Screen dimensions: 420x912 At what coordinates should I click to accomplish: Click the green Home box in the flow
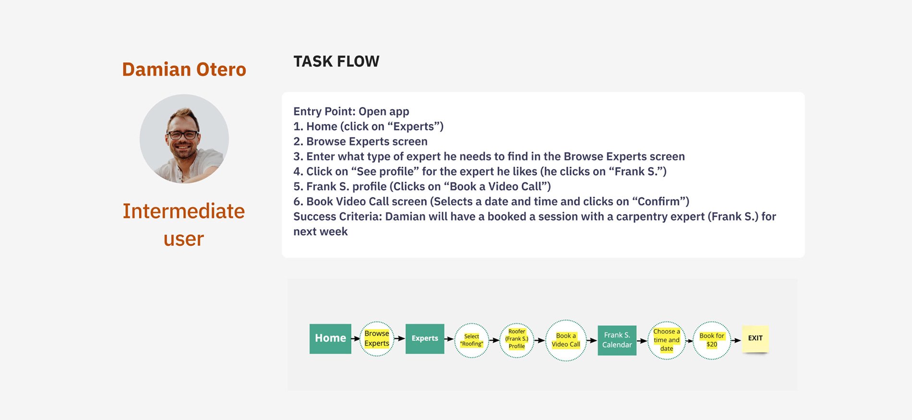click(330, 338)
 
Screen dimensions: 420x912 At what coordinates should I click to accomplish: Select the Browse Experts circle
click(377, 338)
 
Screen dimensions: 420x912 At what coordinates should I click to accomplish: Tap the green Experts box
click(425, 338)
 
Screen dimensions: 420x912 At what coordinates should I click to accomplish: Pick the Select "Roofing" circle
click(471, 340)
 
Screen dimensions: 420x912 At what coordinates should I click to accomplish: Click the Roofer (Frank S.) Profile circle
click(516, 339)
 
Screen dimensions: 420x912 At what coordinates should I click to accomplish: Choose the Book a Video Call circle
click(566, 340)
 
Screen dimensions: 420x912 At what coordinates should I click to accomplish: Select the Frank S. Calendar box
click(617, 340)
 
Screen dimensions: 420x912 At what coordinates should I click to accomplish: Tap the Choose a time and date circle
click(666, 340)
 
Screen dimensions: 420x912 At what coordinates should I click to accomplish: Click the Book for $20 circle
click(712, 340)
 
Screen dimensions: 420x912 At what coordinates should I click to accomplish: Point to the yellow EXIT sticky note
click(755, 338)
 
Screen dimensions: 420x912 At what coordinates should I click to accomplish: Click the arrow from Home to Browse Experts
click(355, 338)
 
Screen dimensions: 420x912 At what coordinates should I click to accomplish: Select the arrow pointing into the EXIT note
click(736, 340)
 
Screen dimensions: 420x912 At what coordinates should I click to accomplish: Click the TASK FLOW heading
click(336, 61)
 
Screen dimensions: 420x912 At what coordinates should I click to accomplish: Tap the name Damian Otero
click(184, 70)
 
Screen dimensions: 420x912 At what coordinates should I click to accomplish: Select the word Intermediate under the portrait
click(184, 211)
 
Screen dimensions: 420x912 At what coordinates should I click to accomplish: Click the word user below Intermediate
click(184, 239)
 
